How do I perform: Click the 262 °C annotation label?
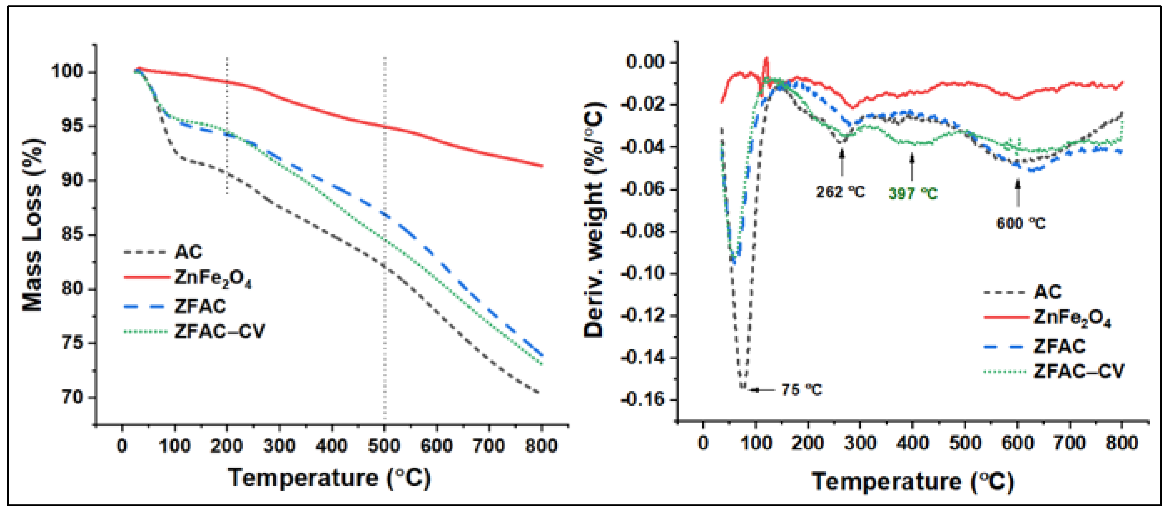(x=841, y=192)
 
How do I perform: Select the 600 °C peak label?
(x=1020, y=223)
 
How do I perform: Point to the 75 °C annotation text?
(x=801, y=389)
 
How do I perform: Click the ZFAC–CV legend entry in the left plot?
(x=219, y=331)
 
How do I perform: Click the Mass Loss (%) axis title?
(x=33, y=225)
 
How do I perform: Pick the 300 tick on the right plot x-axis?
(x=860, y=443)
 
